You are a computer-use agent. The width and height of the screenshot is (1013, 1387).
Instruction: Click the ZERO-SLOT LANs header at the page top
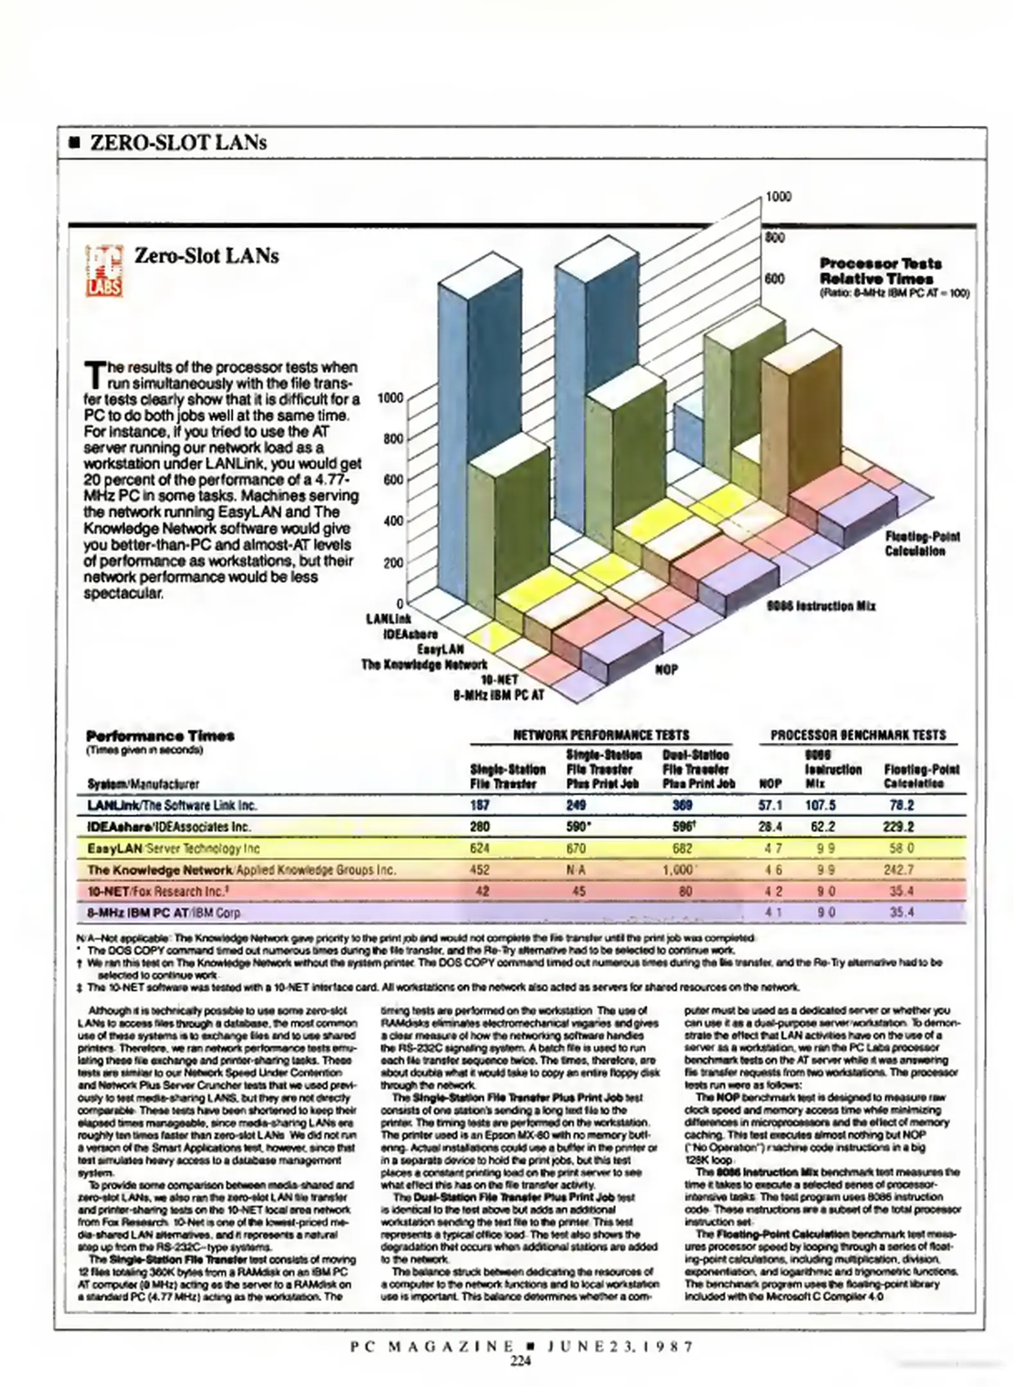coord(179,143)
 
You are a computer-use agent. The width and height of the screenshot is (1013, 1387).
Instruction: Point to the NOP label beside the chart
coord(666,670)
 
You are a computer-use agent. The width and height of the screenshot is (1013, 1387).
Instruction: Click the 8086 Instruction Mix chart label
coord(821,606)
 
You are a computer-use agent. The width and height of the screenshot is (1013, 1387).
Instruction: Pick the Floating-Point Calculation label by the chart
coord(922,544)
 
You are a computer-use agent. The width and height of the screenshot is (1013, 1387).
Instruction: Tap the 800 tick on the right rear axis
coord(775,238)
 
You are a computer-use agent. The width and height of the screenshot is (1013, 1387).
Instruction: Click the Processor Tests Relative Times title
coord(880,271)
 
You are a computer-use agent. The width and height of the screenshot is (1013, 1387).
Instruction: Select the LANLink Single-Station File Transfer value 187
coord(480,805)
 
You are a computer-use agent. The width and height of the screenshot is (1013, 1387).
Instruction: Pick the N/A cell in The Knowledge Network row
coord(576,870)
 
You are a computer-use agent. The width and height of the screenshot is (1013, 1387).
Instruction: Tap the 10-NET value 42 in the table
coord(482,891)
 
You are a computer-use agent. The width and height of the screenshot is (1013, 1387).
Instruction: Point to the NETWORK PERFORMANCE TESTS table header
coord(601,735)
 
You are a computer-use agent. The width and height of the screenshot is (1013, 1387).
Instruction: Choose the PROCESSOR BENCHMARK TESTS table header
coord(858,735)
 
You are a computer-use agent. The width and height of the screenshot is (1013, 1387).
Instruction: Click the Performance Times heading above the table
coord(160,736)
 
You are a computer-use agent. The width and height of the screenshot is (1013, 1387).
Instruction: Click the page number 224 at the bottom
coord(520,1359)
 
